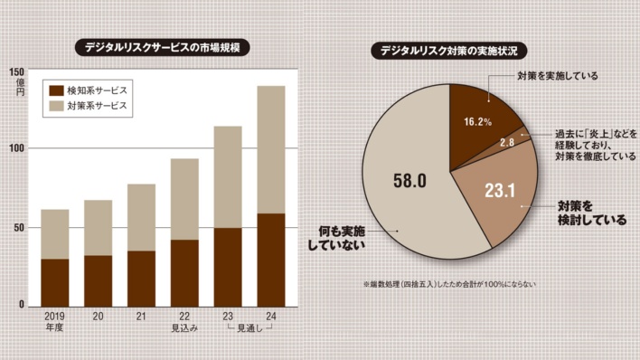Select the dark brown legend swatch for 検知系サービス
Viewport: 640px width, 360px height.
click(55, 90)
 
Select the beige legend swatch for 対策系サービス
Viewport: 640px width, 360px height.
click(55, 107)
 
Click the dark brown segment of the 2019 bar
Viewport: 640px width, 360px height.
click(55, 282)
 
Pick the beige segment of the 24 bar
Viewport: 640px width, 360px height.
click(270, 149)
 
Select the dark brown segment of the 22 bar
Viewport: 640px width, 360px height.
click(184, 272)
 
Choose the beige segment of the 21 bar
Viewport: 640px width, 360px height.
click(141, 217)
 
